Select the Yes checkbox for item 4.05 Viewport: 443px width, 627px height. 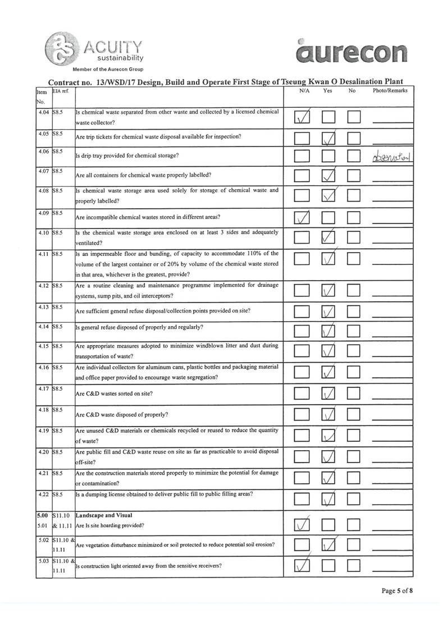(x=328, y=138)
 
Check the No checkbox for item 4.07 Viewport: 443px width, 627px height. (x=354, y=177)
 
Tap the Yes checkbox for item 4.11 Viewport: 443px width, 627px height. (x=328, y=259)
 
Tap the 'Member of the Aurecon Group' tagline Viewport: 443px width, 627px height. (x=108, y=69)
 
